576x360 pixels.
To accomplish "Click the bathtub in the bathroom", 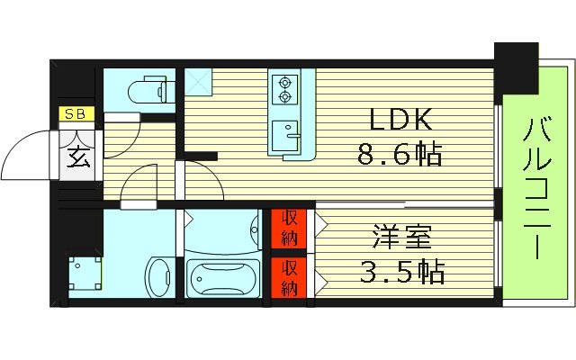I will click(222, 278).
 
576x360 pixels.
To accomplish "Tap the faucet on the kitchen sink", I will click(289, 125).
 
